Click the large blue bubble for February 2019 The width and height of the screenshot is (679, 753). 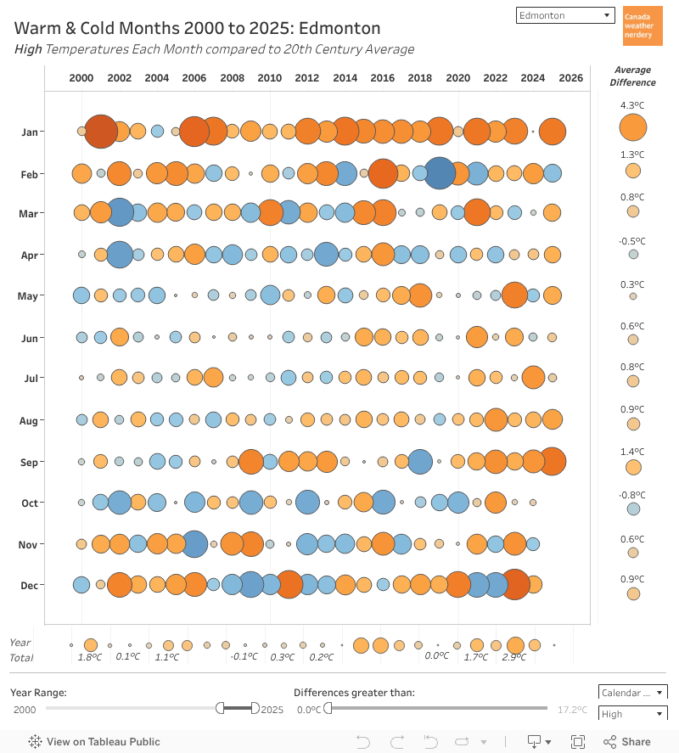[440, 173]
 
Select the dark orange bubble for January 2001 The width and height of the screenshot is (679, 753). [101, 131]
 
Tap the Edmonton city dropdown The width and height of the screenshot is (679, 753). [565, 15]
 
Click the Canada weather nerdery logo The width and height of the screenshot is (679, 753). [643, 25]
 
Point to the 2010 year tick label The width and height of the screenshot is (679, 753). [269, 78]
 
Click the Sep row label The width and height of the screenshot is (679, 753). [30, 462]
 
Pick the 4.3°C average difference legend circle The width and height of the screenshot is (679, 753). [633, 127]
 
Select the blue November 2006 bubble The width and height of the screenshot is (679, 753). [194, 543]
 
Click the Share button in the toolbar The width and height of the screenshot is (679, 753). [627, 741]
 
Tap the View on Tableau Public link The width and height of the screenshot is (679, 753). [94, 741]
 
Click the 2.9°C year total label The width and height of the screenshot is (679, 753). [514, 657]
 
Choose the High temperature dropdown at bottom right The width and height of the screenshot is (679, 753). [632, 714]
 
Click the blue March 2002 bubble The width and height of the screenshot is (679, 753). [120, 212]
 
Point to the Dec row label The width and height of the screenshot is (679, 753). [30, 585]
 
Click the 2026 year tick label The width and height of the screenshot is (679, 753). [570, 78]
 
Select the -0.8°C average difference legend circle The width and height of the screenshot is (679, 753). [633, 509]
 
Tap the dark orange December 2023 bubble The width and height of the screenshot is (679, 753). [514, 584]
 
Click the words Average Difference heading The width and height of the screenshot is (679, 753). [632, 76]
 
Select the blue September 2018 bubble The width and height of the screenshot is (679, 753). [420, 461]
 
